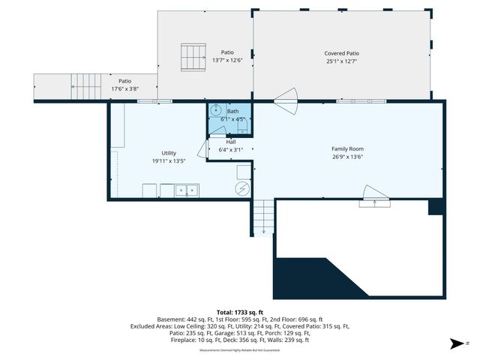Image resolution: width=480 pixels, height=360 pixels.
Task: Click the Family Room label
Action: [347, 148]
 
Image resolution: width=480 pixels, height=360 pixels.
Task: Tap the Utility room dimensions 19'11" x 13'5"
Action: [169, 160]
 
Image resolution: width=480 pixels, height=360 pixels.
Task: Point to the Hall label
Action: [231, 142]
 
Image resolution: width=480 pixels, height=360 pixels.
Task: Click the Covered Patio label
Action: [341, 53]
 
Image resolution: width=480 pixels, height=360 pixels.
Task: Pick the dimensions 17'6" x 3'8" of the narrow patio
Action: [125, 88]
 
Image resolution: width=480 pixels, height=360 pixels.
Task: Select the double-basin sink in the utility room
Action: [187, 190]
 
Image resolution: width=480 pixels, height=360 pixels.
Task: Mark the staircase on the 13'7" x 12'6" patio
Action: [193, 56]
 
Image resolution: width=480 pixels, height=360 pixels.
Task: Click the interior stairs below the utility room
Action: [263, 217]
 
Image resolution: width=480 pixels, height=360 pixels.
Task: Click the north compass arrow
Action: [454, 344]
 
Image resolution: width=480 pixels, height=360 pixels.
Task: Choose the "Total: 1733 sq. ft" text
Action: [239, 312]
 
